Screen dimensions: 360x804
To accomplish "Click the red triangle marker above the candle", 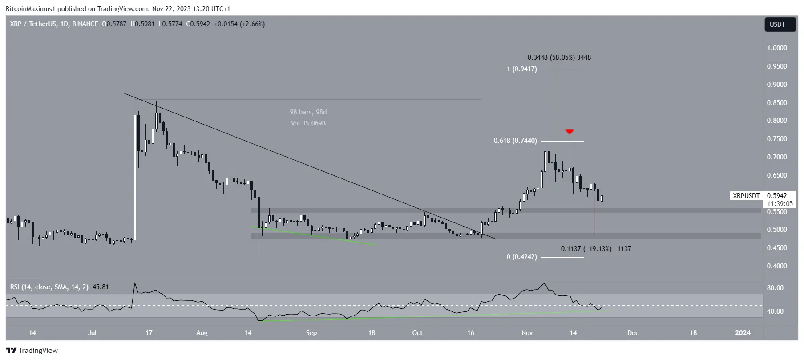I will (569, 132).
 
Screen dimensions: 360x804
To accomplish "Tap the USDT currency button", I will (777, 24).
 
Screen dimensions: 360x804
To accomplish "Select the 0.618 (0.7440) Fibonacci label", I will (515, 141).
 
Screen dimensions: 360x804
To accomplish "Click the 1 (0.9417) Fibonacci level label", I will (521, 69).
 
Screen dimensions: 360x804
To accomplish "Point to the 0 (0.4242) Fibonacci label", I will (521, 257).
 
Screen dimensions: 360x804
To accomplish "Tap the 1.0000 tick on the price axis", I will (776, 48).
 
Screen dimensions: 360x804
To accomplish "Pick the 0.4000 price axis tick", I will (776, 266).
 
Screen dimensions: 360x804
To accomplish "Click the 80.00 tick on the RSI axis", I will (775, 288).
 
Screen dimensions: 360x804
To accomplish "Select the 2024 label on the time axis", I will (743, 333).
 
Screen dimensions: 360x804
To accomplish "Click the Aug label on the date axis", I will (202, 333).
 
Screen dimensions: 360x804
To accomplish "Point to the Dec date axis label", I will (633, 333).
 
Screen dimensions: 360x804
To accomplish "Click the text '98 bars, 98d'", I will (308, 112).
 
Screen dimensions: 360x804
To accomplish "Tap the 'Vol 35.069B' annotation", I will (308, 123).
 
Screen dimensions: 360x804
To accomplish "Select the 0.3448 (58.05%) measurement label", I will (559, 57).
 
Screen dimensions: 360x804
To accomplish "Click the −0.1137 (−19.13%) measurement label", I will (594, 249).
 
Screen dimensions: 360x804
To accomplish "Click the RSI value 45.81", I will (101, 287).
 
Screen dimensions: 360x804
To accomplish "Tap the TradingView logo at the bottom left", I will (32, 351).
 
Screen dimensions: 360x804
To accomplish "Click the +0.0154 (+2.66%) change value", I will (239, 24).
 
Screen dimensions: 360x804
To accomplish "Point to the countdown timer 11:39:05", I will (780, 204).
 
